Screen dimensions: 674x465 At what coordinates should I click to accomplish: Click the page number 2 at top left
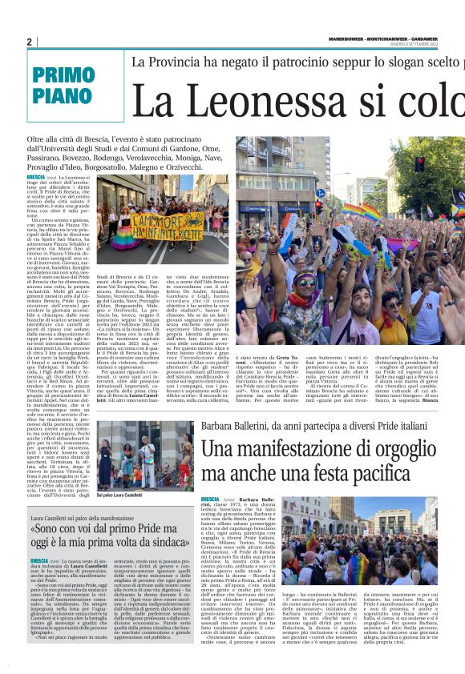point(29,42)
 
